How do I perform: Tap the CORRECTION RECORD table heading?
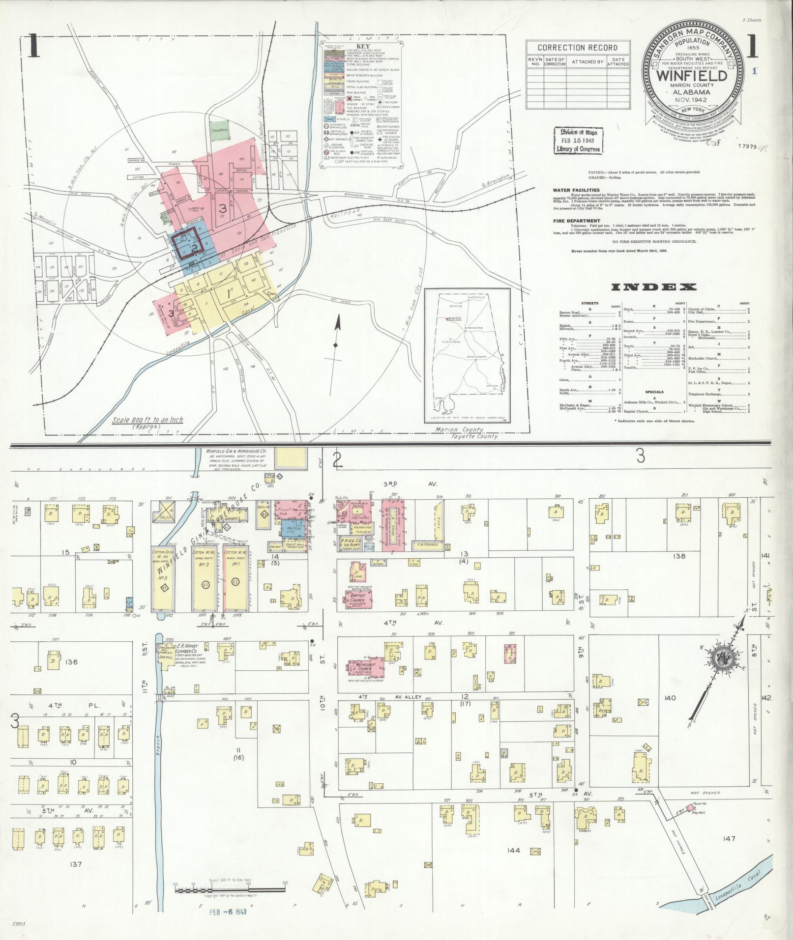[577, 48]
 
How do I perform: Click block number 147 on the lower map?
[729, 838]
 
